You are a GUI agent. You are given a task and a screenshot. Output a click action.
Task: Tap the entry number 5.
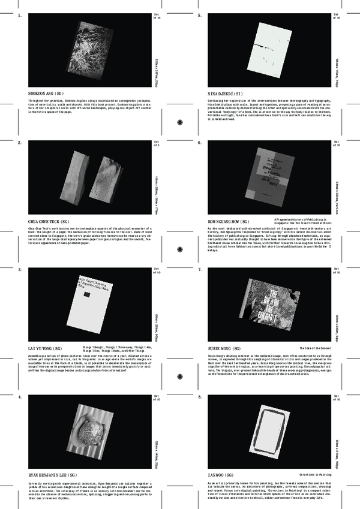[x=200, y=15]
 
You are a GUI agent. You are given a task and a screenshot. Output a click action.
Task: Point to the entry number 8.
[x=200, y=397]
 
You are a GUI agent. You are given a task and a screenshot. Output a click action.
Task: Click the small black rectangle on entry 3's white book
[x=88, y=296]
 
